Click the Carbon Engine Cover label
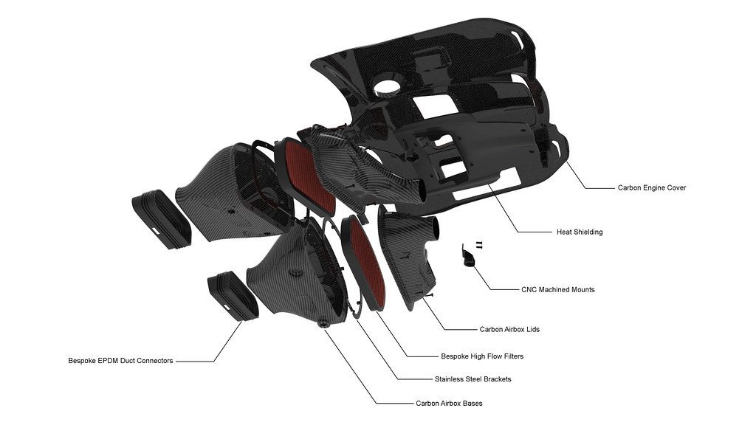651,188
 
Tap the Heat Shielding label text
579,232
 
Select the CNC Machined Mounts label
557,290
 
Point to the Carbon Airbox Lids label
509,329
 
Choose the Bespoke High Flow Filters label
481,356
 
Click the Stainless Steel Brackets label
472,379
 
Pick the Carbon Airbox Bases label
449,404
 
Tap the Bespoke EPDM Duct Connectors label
120,361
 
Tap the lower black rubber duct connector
233,295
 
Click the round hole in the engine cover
388,88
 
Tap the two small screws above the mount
478,243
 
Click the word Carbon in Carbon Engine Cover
630,188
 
